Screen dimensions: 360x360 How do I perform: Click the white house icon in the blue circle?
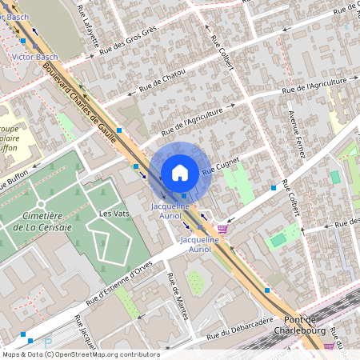[180, 172]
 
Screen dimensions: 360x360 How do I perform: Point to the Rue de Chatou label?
[162, 78]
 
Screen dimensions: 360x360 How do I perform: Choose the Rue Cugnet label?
[222, 167]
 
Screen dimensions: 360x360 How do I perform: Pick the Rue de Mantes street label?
[177, 296]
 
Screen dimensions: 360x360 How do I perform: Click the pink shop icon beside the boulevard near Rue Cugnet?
[222, 229]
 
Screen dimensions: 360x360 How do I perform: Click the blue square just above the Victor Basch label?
[33, 41]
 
